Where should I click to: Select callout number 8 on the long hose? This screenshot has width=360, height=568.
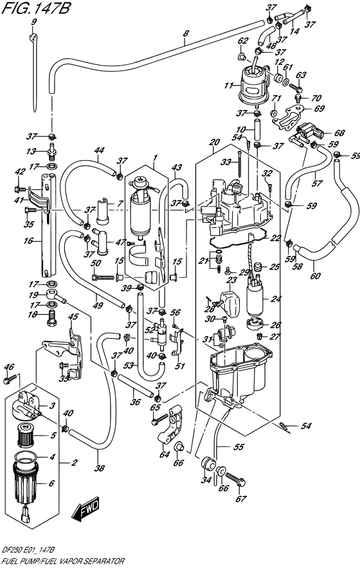point(185,34)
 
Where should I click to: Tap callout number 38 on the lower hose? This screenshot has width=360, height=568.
point(99,468)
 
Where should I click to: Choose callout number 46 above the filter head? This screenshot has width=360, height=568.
point(8,367)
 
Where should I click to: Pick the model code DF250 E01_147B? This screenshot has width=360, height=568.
point(28,552)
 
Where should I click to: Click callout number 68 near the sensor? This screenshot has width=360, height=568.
point(339,132)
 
